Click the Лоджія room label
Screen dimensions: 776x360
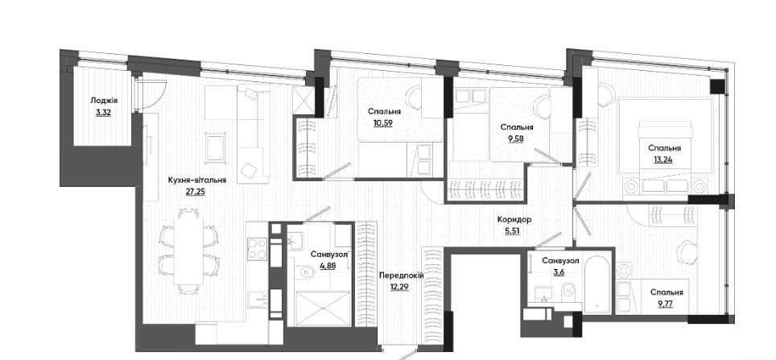pos(104,101)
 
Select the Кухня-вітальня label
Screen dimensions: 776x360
pos(197,180)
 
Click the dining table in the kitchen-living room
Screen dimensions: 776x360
pos(188,250)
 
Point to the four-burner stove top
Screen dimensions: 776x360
pos(258,249)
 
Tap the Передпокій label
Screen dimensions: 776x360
pos(402,275)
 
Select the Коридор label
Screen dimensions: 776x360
pos(514,219)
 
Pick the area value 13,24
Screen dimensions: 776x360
pos(663,159)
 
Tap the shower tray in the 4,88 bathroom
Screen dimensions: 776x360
pos(320,308)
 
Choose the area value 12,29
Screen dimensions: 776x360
pos(400,287)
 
